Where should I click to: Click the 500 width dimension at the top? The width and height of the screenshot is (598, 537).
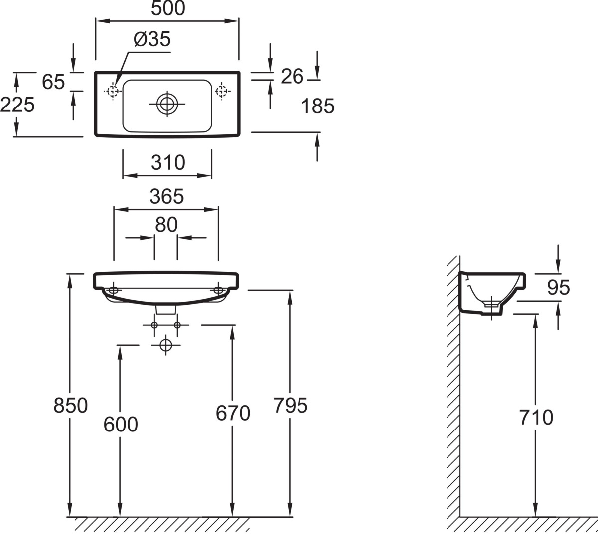167,8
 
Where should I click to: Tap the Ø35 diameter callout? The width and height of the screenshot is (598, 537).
152,39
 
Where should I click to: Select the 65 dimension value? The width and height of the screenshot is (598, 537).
53,82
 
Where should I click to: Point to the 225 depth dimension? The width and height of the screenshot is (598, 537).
17,105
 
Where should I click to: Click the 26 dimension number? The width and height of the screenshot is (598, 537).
292,76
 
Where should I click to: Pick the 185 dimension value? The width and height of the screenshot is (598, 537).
318,106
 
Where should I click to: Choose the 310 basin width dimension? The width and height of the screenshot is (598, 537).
168,163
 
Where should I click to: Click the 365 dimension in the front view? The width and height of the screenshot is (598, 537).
167,197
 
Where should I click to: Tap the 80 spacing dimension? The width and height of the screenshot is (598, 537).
166,225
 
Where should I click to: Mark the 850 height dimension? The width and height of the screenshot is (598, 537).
70,405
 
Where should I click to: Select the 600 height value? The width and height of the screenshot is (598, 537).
121,424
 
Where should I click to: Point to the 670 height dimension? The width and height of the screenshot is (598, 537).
233,413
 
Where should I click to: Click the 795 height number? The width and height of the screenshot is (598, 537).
291,406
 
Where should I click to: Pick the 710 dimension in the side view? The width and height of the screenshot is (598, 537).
536,418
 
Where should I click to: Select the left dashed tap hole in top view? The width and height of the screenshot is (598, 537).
112,91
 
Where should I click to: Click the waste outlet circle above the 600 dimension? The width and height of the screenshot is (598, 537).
165,344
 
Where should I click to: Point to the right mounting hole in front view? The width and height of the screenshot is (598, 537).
218,290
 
